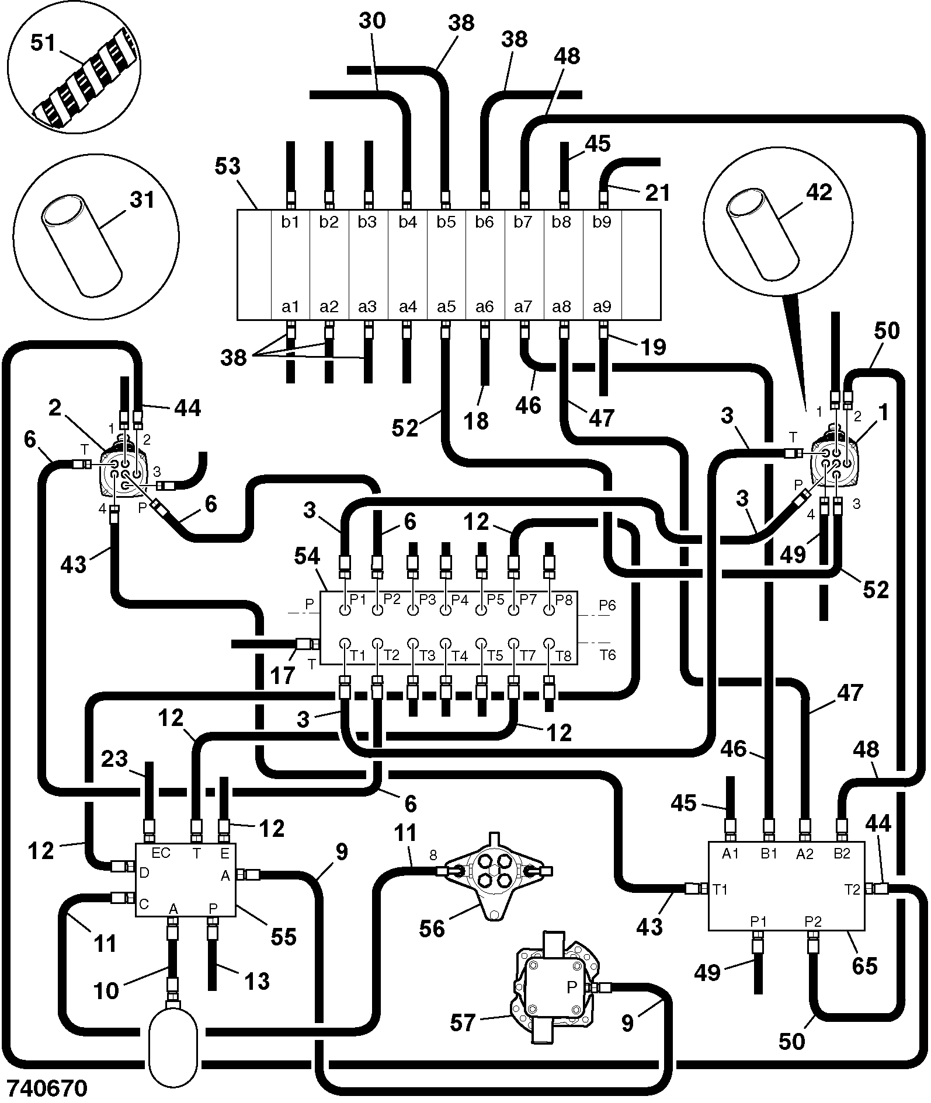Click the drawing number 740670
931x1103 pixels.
(x=45, y=1088)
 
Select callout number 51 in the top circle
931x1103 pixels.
(x=43, y=43)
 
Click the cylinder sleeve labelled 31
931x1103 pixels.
(x=82, y=246)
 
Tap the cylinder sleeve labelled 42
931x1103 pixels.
(x=762, y=233)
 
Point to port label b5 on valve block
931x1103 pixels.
(x=446, y=222)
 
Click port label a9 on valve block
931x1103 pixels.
(x=602, y=307)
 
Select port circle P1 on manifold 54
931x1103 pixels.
(x=345, y=610)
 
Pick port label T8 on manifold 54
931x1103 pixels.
(x=563, y=656)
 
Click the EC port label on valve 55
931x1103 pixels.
(x=161, y=853)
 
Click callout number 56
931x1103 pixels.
(x=432, y=929)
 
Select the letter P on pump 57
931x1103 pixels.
(x=572, y=987)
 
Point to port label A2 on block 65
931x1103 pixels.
(x=804, y=854)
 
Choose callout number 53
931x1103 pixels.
(x=227, y=166)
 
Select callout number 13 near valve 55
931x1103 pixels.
(x=256, y=981)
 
